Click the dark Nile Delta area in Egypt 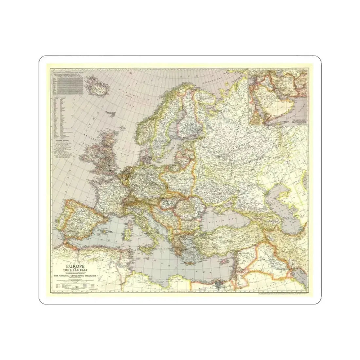click(x=217, y=286)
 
